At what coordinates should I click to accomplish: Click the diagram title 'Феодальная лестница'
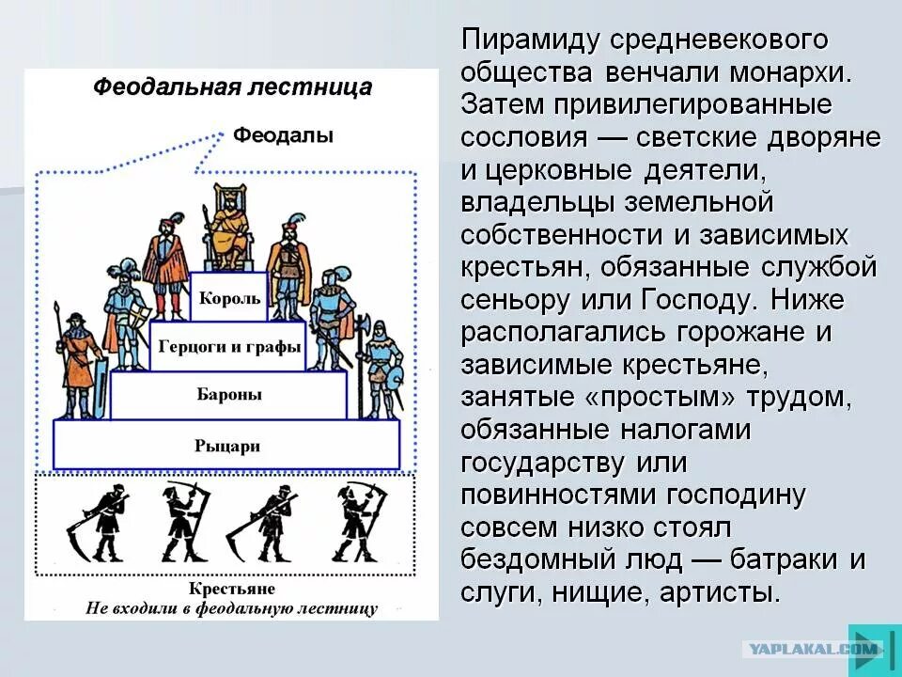232,88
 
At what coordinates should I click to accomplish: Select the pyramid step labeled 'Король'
229,299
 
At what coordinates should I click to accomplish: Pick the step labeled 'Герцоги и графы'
229,346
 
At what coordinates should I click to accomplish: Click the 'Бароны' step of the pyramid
229,394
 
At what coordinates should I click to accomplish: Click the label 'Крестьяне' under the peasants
231,589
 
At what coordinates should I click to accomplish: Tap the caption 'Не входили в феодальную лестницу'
231,608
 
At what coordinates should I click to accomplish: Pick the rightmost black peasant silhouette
357,523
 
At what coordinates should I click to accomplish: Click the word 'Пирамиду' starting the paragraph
529,41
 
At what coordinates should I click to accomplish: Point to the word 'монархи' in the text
793,72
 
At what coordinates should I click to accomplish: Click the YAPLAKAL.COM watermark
812,648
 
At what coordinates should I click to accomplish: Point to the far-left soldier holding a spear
79,362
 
